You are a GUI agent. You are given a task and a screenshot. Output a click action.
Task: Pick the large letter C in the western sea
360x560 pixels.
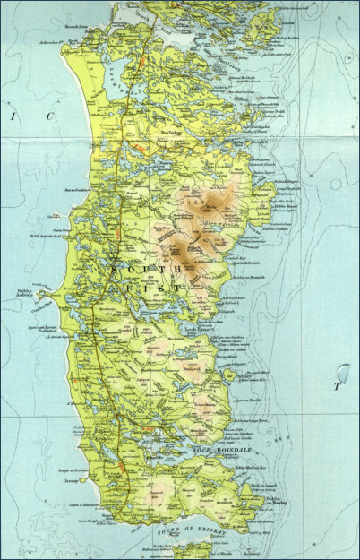(x=52, y=116)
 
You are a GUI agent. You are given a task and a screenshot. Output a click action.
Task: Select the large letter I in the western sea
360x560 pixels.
(x=13, y=116)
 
